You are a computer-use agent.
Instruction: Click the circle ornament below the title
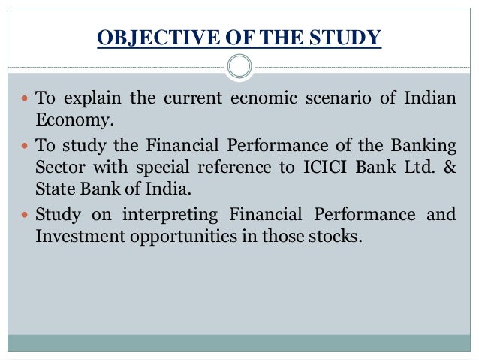click(x=239, y=67)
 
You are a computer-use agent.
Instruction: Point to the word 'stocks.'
click(x=335, y=235)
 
